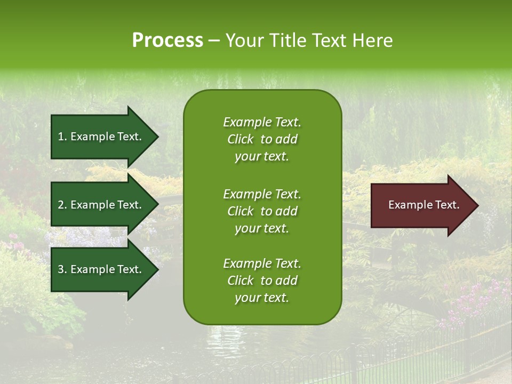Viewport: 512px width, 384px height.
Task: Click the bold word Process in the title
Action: [x=167, y=41]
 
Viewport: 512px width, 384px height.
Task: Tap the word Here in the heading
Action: [x=372, y=41]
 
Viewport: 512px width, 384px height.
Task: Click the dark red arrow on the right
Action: [x=421, y=205]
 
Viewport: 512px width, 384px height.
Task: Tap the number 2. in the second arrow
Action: [x=62, y=205]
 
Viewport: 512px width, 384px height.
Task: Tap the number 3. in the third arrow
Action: [x=62, y=269]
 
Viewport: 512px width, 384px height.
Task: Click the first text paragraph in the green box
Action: [x=262, y=139]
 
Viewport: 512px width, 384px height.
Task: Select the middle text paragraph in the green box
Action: [x=262, y=211]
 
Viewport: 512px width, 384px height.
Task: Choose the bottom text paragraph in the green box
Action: [x=262, y=281]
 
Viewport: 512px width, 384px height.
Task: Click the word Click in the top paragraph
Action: [x=241, y=139]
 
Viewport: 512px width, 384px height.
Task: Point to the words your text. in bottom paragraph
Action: [x=262, y=298]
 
